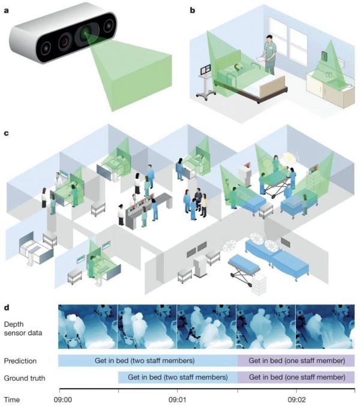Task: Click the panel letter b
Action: pyautogui.click(x=193, y=10)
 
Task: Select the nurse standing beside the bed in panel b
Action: pyautogui.click(x=270, y=54)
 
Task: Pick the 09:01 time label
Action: pyautogui.click(x=177, y=399)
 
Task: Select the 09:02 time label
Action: pyautogui.click(x=296, y=399)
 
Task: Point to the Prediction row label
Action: pyautogui.click(x=20, y=361)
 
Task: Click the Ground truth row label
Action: pyautogui.click(x=25, y=378)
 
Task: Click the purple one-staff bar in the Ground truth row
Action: pyautogui.click(x=296, y=378)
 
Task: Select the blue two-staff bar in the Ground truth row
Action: pyautogui.click(x=178, y=378)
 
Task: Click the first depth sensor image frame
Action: pyautogui.click(x=88, y=327)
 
